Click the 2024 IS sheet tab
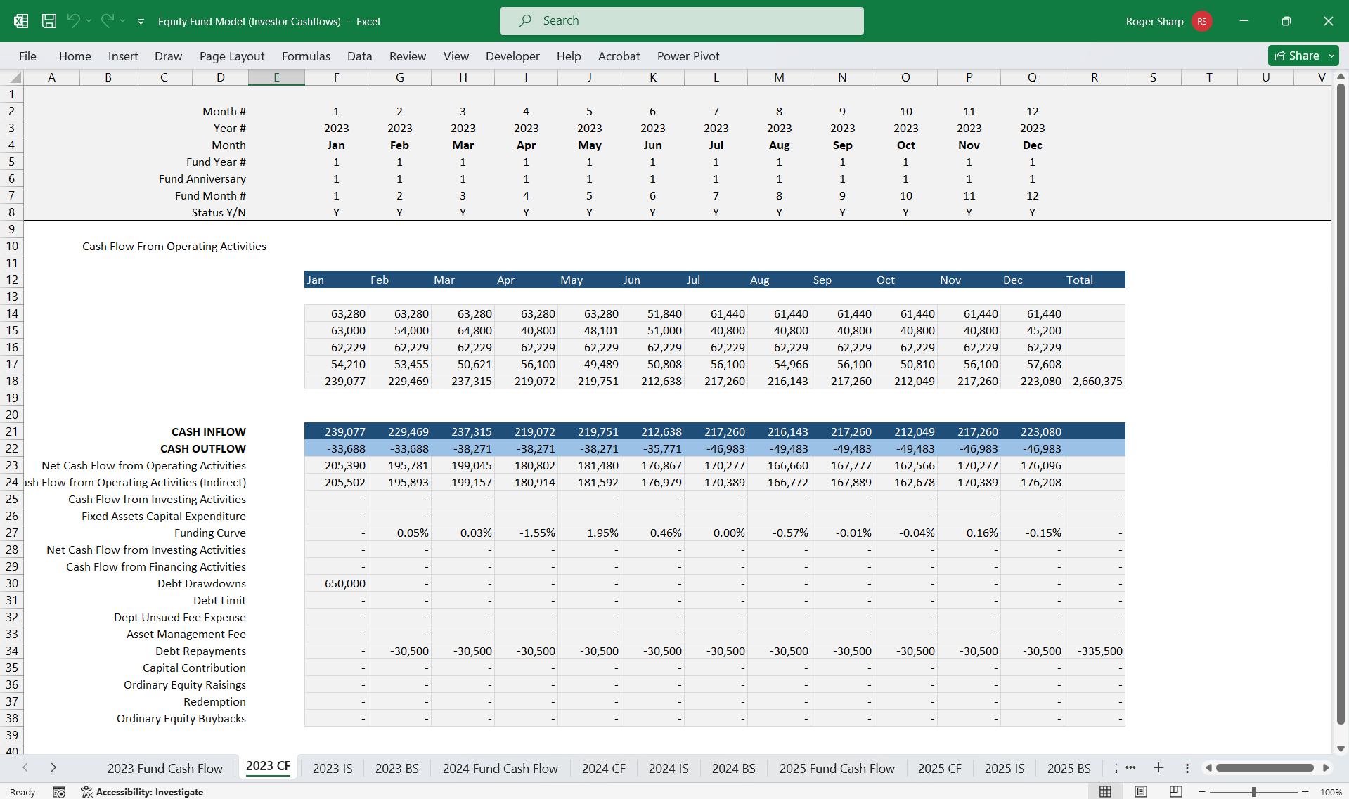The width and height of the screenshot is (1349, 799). click(669, 768)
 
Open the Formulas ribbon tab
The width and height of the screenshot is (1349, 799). click(306, 56)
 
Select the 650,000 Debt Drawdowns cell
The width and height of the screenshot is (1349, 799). click(336, 583)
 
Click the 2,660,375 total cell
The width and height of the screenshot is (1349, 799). click(1095, 381)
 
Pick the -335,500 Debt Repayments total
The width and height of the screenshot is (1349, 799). click(1095, 651)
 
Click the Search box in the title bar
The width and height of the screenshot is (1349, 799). click(682, 21)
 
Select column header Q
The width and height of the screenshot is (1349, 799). click(1032, 77)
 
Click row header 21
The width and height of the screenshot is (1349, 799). click(12, 431)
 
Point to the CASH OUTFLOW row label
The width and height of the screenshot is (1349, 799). click(203, 448)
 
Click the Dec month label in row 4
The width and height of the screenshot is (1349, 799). click(1033, 145)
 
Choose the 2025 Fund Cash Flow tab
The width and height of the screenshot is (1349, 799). click(837, 768)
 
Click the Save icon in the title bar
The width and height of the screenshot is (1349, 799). click(49, 21)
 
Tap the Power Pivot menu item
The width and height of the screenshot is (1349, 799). click(688, 56)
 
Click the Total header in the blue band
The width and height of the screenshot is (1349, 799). click(1080, 280)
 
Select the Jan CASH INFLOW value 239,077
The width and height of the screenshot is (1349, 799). click(336, 431)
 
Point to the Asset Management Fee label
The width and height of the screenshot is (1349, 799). click(186, 634)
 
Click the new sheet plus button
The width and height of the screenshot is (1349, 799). click(1158, 767)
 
